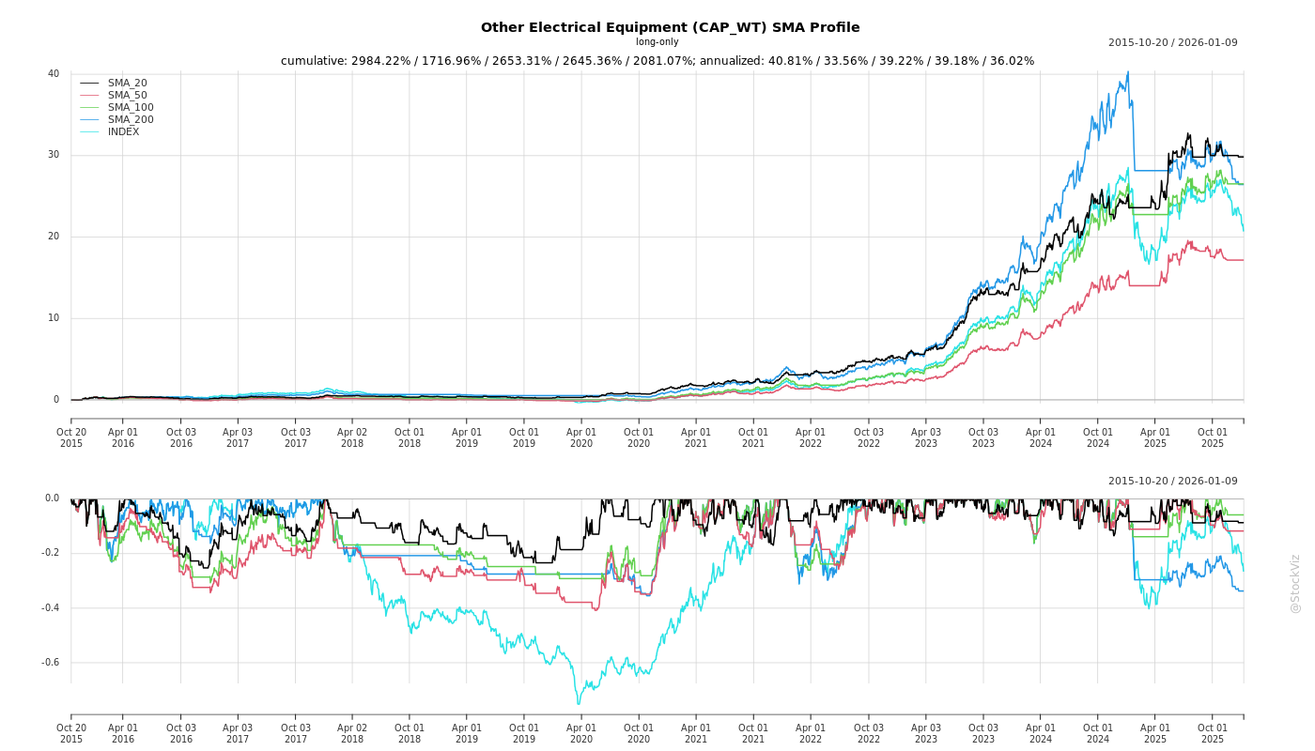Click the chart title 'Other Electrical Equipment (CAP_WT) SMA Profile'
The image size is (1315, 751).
coord(670,28)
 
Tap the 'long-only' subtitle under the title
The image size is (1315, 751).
coord(657,42)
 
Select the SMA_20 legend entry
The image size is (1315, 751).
coord(127,84)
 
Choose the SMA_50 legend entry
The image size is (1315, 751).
coord(127,96)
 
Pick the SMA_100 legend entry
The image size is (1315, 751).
coord(131,108)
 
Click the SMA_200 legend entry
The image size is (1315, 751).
coord(131,120)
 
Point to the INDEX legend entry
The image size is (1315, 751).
coord(123,132)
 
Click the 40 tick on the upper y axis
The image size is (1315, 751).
coord(54,74)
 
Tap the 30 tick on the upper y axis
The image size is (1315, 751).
coord(54,155)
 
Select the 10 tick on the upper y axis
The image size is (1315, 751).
coord(54,318)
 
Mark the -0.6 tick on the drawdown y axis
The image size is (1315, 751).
coord(50,663)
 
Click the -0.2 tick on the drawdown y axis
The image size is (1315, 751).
coord(50,553)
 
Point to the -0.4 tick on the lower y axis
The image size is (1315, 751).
coord(50,608)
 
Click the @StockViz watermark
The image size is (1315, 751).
coord(1295,583)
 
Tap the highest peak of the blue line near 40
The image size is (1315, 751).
coord(1127,72)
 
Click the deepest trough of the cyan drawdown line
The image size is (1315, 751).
coord(579,704)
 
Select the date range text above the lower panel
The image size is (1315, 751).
coord(1172,482)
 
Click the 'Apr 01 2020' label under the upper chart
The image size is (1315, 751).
coord(581,437)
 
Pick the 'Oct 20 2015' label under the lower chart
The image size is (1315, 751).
coord(71,733)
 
